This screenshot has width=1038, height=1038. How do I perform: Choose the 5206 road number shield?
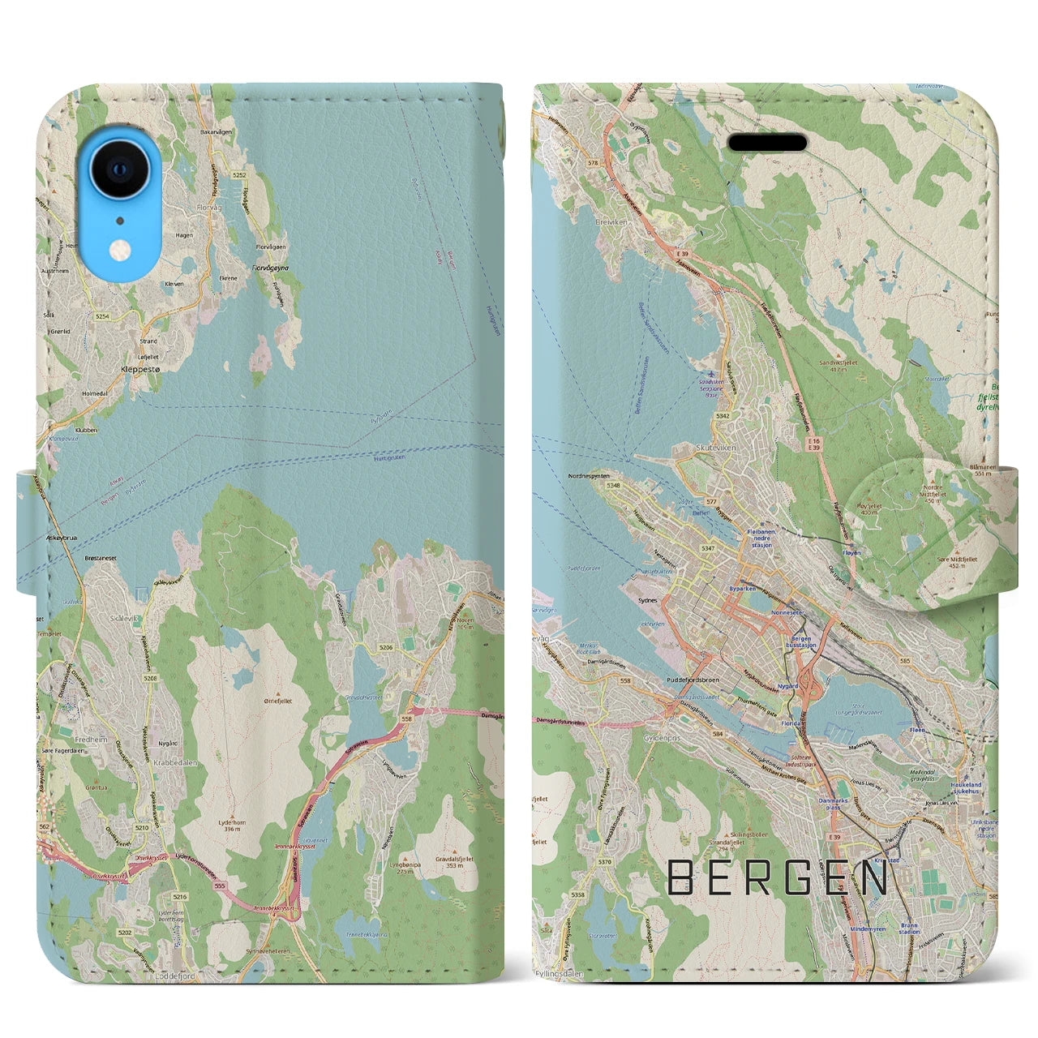(386, 646)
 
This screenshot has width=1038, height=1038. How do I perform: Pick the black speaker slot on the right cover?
(767, 144)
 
